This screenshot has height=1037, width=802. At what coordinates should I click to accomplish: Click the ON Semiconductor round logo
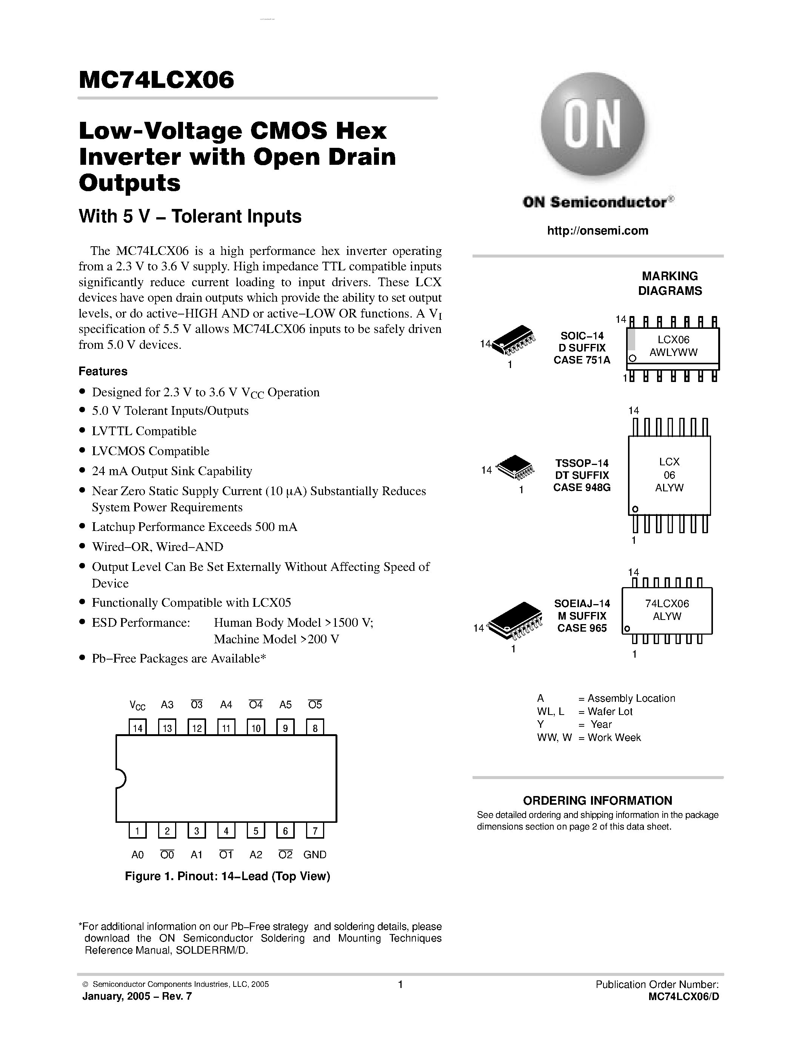[x=593, y=124]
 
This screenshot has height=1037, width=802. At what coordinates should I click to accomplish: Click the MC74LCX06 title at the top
[x=156, y=80]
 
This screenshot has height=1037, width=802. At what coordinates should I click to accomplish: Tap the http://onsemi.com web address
[x=597, y=231]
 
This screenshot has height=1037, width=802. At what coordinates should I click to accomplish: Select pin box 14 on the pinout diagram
[x=138, y=728]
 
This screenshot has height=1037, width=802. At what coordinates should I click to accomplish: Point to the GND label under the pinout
[x=314, y=854]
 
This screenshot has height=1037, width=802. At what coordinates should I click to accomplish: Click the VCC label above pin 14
[x=137, y=705]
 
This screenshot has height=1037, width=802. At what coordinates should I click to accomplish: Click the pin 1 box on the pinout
[x=138, y=830]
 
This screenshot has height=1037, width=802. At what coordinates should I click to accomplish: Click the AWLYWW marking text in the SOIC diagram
[x=673, y=352]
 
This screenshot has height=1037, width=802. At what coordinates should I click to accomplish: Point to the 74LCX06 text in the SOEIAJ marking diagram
[x=667, y=603]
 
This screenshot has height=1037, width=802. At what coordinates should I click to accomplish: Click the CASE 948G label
[x=582, y=487]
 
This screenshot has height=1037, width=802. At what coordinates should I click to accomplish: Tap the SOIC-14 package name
[x=582, y=336]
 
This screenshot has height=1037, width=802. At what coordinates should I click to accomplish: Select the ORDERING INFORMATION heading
[x=597, y=801]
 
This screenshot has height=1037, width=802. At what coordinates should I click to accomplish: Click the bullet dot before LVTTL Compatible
[x=82, y=431]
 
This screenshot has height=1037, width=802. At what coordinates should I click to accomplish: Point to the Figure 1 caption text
[x=227, y=876]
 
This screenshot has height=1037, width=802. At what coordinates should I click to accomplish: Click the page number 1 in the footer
[x=400, y=984]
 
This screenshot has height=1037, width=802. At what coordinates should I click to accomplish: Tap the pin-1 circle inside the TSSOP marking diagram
[x=635, y=509]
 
